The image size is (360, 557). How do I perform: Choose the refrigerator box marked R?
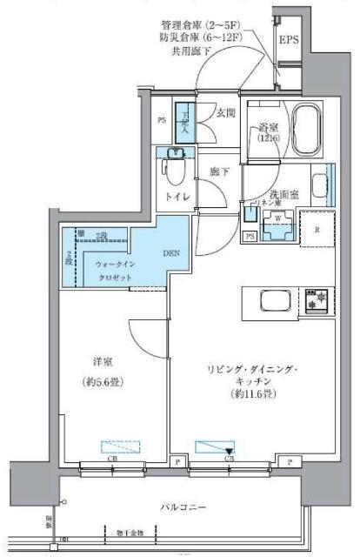[x=317, y=229]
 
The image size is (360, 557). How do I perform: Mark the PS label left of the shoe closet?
[x=162, y=121]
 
